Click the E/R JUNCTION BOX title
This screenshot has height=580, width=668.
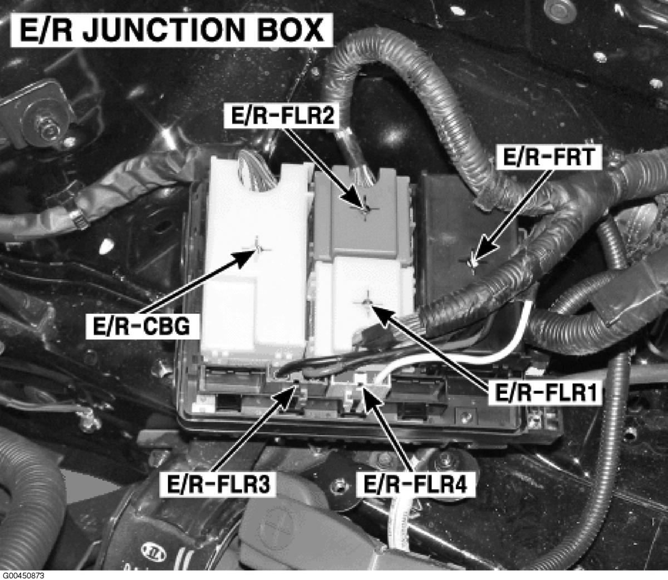(x=171, y=30)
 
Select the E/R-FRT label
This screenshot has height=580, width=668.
(x=548, y=158)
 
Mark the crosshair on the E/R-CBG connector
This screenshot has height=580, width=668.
(x=257, y=249)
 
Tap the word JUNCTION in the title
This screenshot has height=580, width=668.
(x=163, y=30)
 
